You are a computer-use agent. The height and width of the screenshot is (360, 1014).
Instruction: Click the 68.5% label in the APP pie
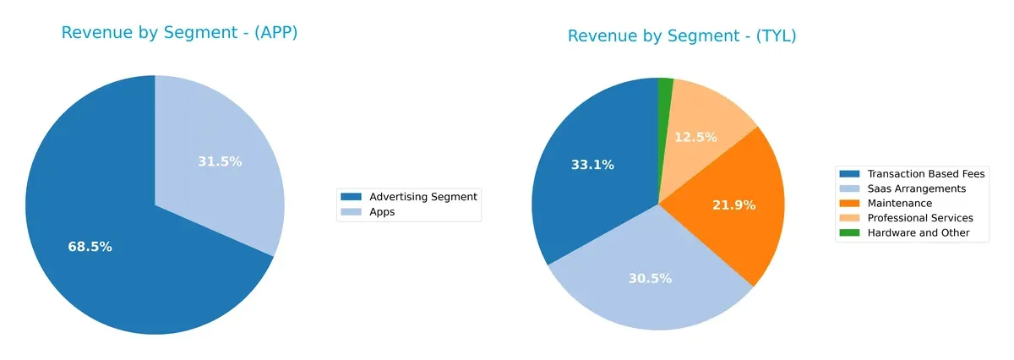click(90, 247)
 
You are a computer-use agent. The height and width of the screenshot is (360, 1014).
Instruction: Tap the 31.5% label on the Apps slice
click(220, 161)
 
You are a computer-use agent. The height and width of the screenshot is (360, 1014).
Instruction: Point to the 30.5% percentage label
click(650, 278)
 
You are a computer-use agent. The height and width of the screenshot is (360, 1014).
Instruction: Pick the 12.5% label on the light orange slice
click(695, 137)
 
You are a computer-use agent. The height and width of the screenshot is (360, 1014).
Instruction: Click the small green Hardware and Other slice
click(666, 85)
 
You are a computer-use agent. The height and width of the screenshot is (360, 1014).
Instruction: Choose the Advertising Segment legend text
click(423, 197)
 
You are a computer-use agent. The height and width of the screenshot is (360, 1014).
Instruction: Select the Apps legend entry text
click(382, 212)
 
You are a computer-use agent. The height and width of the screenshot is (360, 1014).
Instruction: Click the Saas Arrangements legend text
click(916, 188)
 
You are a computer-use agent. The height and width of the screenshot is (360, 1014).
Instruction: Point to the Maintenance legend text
click(899, 203)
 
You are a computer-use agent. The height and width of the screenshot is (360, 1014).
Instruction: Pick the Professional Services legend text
click(919, 218)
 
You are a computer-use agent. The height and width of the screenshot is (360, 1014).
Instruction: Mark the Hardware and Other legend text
click(918, 232)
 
